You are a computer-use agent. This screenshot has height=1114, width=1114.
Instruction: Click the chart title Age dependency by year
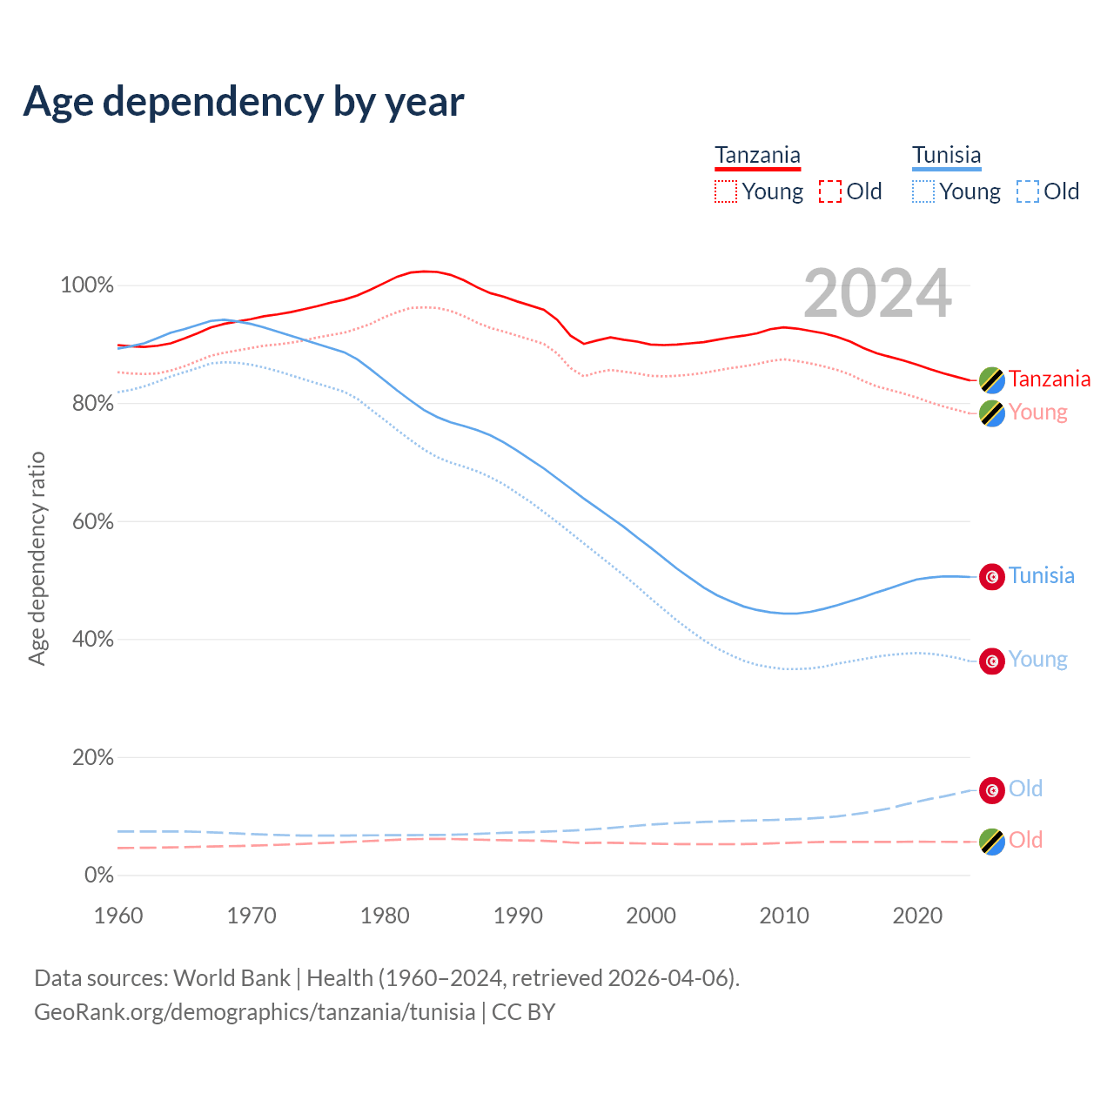(x=244, y=102)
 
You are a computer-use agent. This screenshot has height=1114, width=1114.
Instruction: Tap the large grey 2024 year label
(x=877, y=294)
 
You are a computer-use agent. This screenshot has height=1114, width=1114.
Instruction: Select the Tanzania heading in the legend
(x=757, y=156)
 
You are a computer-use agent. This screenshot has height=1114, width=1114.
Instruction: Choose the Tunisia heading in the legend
(x=946, y=156)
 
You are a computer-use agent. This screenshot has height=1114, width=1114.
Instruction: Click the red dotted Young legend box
(x=725, y=191)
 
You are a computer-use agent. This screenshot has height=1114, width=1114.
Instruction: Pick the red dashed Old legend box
(x=830, y=191)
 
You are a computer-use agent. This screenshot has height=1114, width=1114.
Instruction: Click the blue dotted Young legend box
(x=923, y=191)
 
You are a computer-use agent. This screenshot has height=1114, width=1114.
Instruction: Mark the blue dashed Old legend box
(x=1028, y=191)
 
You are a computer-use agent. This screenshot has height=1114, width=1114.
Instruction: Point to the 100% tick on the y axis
(x=87, y=285)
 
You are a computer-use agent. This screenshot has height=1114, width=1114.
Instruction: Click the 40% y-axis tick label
(x=92, y=640)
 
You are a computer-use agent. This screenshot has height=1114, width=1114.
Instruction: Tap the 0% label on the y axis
(x=98, y=876)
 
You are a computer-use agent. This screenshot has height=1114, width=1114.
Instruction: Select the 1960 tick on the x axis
(x=118, y=916)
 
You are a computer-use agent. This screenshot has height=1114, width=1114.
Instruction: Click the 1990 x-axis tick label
(x=518, y=916)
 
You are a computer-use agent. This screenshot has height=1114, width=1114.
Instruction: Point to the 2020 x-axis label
(x=917, y=916)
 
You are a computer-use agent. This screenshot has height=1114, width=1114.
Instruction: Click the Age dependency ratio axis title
(x=37, y=558)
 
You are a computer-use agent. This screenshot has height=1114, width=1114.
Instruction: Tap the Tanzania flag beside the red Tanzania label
(x=992, y=379)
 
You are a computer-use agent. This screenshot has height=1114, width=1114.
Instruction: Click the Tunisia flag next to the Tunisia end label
(x=992, y=576)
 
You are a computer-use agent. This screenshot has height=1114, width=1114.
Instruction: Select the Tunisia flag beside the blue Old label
(x=992, y=789)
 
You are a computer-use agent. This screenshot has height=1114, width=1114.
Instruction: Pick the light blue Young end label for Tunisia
(x=1037, y=660)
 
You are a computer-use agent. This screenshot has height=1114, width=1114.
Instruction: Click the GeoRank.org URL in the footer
(x=254, y=1012)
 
